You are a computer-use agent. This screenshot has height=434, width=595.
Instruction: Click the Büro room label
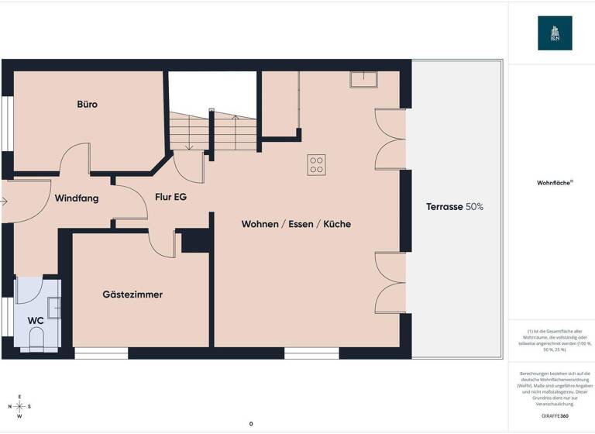click(x=87, y=104)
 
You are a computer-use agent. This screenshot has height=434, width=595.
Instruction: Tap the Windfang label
click(x=77, y=198)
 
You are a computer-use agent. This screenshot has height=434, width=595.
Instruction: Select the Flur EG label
click(x=170, y=197)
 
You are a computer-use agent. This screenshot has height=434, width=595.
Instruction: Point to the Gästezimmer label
click(x=132, y=294)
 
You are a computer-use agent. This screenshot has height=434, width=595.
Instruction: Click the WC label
click(x=36, y=320)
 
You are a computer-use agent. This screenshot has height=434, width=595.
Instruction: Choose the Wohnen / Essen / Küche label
click(x=296, y=224)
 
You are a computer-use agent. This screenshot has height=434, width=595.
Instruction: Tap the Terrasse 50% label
click(x=455, y=207)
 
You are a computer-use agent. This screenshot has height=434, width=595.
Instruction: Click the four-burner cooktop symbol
click(x=316, y=164)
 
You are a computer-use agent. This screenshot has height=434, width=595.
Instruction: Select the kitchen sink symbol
click(x=363, y=80)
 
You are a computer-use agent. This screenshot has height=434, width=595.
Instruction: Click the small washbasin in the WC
click(x=53, y=308)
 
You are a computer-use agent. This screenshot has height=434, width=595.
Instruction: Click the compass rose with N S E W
click(x=20, y=406)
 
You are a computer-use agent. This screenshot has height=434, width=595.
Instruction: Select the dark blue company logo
click(x=555, y=33)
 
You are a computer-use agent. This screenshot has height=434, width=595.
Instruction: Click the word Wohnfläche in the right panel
click(x=553, y=184)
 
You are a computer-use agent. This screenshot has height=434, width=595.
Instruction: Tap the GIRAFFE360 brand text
click(x=553, y=416)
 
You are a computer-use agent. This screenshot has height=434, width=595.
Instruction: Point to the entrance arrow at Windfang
click(x=4, y=201)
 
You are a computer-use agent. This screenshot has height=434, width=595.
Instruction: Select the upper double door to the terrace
click(x=388, y=139)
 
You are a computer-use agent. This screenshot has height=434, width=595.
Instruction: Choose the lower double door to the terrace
click(x=388, y=283)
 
